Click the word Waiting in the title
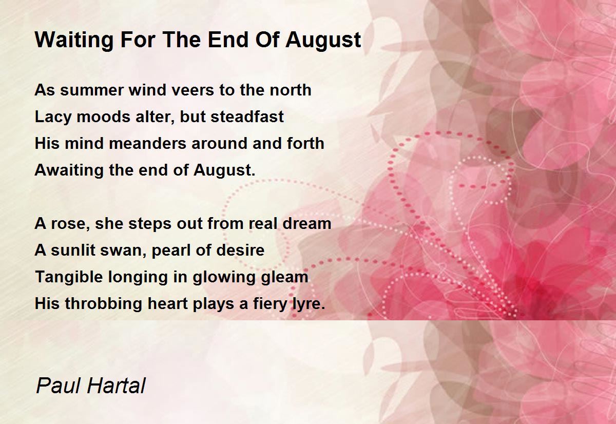(74, 41)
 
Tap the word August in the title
(323, 41)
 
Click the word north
(291, 90)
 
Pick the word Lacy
(53, 117)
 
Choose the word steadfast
(247, 117)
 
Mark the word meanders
(147, 143)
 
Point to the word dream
(307, 223)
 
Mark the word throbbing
(104, 303)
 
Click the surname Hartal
(117, 386)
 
